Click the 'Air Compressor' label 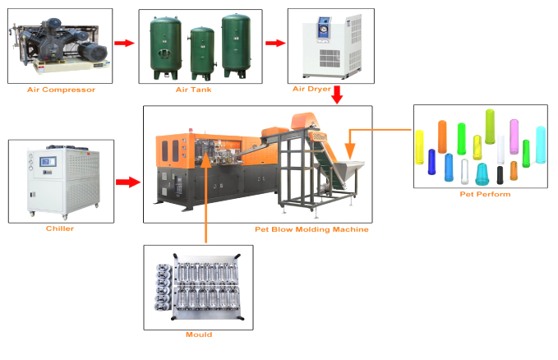[61, 89]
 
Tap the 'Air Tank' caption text [195, 89]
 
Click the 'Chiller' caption [60, 228]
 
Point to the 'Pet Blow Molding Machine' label [311, 229]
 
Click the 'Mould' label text [198, 335]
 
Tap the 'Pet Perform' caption [485, 194]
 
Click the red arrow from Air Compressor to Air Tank [124, 43]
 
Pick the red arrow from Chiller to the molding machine [127, 181]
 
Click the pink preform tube [514, 135]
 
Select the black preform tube [500, 173]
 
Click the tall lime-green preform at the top [490, 127]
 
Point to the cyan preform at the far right [540, 143]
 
